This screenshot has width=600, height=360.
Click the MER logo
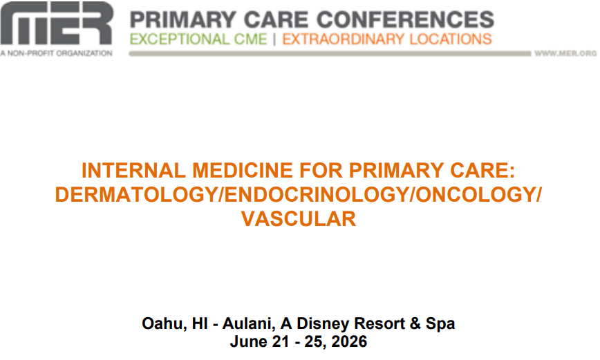tap(56, 23)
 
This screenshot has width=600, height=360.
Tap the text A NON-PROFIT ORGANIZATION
tap(56, 53)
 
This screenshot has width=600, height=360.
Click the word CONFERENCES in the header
tap(406, 19)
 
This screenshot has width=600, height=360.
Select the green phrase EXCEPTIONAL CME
tap(198, 39)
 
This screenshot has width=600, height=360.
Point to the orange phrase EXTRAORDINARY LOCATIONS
tap(387, 39)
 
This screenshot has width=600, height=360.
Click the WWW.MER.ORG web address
tap(565, 54)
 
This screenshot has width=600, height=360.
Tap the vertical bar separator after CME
tap(274, 39)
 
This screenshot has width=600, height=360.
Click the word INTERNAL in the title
tap(133, 170)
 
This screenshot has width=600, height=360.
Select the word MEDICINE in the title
tap(243, 170)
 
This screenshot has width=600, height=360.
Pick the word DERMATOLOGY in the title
tap(136, 194)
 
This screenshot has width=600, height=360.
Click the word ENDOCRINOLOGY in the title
tap(317, 194)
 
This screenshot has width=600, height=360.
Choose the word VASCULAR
tap(299, 219)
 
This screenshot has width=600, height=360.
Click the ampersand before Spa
tap(415, 323)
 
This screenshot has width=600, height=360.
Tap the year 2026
tap(349, 341)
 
